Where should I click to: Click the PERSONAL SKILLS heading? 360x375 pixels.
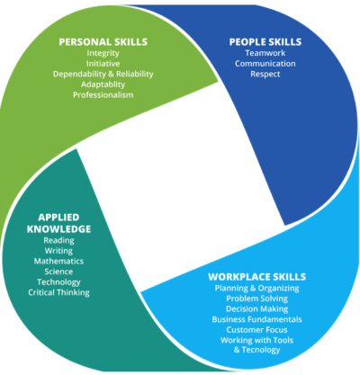pyautogui.click(x=103, y=42)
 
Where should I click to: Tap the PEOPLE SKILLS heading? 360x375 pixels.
pyautogui.click(x=265, y=42)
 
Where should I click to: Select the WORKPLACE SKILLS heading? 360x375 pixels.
pyautogui.click(x=257, y=277)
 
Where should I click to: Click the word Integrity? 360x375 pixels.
pyautogui.click(x=103, y=53)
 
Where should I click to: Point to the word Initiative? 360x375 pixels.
pyautogui.click(x=103, y=64)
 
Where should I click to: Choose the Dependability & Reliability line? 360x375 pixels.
pyautogui.click(x=103, y=74)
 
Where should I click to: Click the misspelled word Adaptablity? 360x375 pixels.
pyautogui.click(x=103, y=85)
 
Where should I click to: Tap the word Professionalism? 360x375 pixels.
pyautogui.click(x=103, y=95)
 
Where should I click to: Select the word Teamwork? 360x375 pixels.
pyautogui.click(x=265, y=53)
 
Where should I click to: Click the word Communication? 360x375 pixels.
pyautogui.click(x=265, y=64)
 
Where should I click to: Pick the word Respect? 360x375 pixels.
pyautogui.click(x=265, y=74)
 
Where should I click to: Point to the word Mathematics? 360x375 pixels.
pyautogui.click(x=58, y=261)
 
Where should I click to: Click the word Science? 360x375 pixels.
pyautogui.click(x=58, y=272)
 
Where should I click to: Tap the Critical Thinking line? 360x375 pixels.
pyautogui.click(x=58, y=292)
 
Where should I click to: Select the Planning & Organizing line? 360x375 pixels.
pyautogui.click(x=257, y=289)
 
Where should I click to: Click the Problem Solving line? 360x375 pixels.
pyautogui.click(x=257, y=299)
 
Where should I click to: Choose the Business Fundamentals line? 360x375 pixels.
pyautogui.click(x=257, y=319)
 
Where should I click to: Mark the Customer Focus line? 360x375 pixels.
pyautogui.click(x=257, y=330)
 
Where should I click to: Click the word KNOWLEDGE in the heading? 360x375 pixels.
pyautogui.click(x=58, y=229)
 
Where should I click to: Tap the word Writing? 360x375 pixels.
pyautogui.click(x=58, y=251)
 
